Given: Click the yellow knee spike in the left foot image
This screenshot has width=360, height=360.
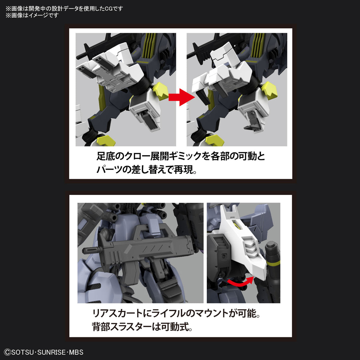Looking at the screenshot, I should tap(161, 90).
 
